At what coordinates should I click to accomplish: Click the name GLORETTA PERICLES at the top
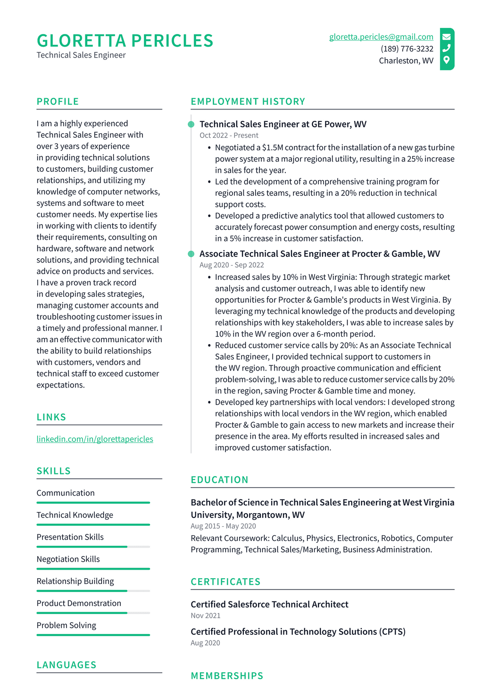coord(125,41)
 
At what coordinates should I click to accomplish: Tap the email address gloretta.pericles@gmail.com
coord(381,37)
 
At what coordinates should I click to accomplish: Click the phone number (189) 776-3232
coord(407,49)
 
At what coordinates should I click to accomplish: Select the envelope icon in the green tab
coord(446,37)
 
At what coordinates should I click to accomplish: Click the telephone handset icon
coord(446,48)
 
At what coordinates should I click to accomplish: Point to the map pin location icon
coord(446,60)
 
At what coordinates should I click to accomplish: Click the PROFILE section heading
coord(58,101)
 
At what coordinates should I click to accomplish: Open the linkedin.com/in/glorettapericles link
coord(95,439)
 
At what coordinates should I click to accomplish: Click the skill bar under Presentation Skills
coord(93,547)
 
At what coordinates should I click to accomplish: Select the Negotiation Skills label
coord(68,559)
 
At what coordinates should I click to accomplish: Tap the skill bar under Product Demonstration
coord(93,613)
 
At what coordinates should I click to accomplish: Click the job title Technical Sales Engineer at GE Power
coord(283,124)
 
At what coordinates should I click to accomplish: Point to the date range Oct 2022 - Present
coord(229,135)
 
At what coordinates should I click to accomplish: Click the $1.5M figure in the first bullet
coord(272,148)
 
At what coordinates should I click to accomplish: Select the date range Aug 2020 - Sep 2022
coord(232,265)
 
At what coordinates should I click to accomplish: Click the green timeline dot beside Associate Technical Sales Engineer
coord(191,254)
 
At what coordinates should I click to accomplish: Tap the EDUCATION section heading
coord(219,480)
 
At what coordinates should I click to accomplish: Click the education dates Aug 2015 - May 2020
coord(223,526)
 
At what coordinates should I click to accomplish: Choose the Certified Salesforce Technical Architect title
coord(269,604)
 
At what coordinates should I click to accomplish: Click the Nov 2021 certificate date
coord(206,616)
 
